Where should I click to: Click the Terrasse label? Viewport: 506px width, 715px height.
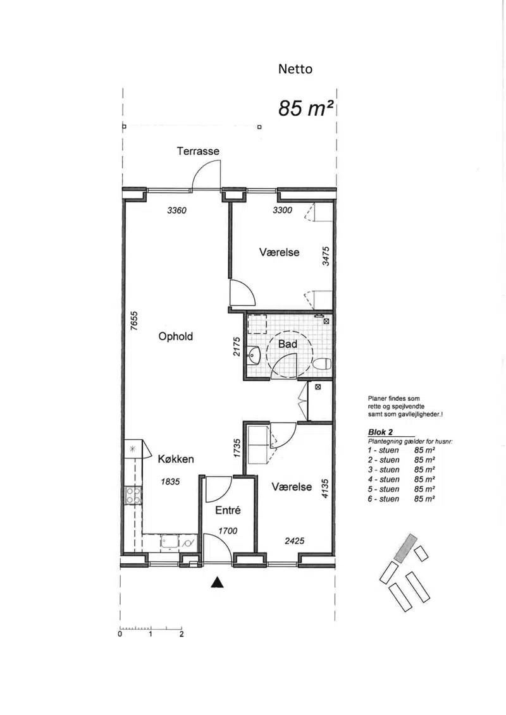[198, 151]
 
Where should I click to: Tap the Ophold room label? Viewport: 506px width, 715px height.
[176, 336]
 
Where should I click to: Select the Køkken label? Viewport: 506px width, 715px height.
[176, 459]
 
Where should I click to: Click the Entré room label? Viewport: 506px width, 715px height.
[228, 510]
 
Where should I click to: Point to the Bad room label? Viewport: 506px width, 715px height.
[288, 344]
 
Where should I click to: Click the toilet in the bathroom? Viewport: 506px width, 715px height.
[322, 364]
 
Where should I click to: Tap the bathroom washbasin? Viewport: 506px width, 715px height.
[253, 355]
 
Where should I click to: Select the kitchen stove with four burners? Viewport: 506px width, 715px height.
[133, 496]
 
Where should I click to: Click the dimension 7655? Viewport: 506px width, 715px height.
[133, 321]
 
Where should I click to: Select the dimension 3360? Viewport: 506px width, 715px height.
[176, 211]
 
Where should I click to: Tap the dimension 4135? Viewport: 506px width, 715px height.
[325, 488]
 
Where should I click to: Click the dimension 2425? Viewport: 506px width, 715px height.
[294, 541]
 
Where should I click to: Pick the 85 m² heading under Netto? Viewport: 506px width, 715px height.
[305, 109]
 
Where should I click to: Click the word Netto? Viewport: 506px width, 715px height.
[295, 70]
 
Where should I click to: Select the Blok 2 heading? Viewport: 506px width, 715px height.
[381, 432]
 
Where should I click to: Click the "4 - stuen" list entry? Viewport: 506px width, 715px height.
[383, 479]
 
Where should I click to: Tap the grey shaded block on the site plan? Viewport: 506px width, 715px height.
[405, 547]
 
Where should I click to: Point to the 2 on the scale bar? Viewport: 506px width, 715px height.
[182, 634]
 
